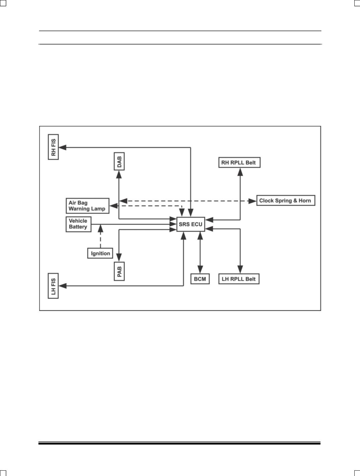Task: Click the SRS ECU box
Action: coord(191,224)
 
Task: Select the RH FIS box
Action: coord(53,147)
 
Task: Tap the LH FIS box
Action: coord(53,286)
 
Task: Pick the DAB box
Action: coord(119,161)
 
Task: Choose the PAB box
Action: coord(119,271)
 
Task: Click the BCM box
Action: coord(200,279)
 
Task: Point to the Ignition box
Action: coord(100,253)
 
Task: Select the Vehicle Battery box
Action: coord(78,224)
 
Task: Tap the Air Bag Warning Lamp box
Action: coord(87,206)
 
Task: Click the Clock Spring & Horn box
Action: coord(286,201)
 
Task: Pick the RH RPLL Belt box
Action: coord(239,162)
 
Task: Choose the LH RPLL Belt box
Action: coord(239,279)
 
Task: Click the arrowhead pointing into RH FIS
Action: coord(63,148)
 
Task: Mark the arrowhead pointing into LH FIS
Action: coord(63,286)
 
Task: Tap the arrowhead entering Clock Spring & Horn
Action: coord(253,201)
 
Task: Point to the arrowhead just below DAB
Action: coord(119,175)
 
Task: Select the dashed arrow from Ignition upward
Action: coord(100,236)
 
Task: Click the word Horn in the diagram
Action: coord(305,201)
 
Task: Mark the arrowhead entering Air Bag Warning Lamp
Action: coord(114,206)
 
